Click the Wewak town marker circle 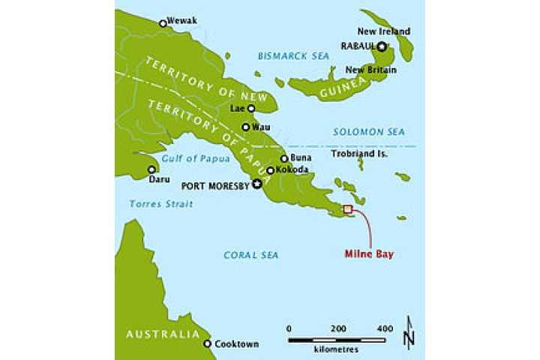[163, 23]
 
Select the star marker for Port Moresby [257, 184]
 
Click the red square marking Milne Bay [347, 209]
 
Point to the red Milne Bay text [369, 254]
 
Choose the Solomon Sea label [363, 132]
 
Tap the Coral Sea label [250, 256]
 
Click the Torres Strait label [160, 204]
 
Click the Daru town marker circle [151, 169]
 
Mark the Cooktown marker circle [208, 343]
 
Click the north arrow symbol [408, 331]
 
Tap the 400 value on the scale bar [384, 328]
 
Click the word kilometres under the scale [337, 349]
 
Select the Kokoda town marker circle [271, 170]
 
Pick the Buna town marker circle [284, 158]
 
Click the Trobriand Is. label [359, 154]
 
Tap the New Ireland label [383, 31]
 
